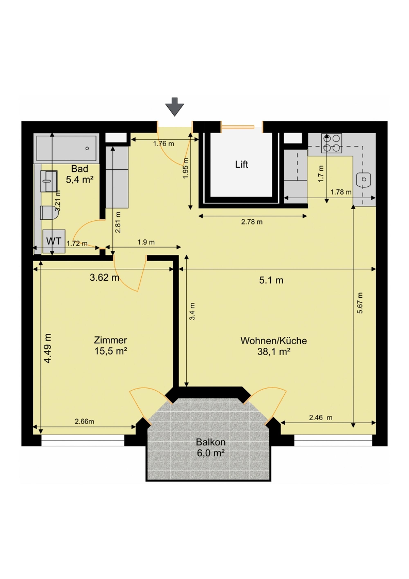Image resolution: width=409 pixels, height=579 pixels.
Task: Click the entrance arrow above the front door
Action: pyautogui.click(x=175, y=107)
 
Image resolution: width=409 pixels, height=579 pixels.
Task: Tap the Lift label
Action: pyautogui.click(x=242, y=165)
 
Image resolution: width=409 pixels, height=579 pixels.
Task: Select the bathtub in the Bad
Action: pyautogui.click(x=66, y=148)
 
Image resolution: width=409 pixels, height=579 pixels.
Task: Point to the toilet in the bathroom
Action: pyautogui.click(x=50, y=212)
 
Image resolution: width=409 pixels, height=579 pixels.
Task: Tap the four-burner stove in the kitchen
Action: pyautogui.click(x=331, y=143)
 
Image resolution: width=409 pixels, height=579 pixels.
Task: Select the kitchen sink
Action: pyautogui.click(x=364, y=179)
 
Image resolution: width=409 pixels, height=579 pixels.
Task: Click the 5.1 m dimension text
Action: pyautogui.click(x=271, y=280)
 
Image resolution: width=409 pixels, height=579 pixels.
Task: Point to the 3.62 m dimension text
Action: pyautogui.click(x=104, y=277)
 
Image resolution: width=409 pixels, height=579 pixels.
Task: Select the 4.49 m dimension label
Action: pyautogui.click(x=48, y=348)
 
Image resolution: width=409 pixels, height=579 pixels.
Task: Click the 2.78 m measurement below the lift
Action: pyautogui.click(x=252, y=222)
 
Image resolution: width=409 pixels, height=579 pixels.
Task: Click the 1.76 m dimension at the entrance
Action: pyautogui.click(x=164, y=144)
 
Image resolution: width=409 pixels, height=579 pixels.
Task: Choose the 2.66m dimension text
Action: pyautogui.click(x=84, y=421)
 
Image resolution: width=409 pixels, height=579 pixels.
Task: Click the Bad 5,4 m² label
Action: pyautogui.click(x=80, y=174)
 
